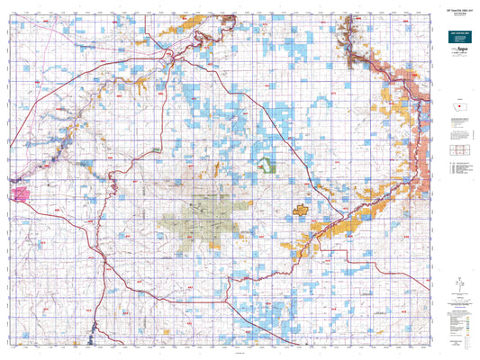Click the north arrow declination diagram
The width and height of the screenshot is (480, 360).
(x=457, y=286)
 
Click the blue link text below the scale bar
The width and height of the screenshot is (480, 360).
(x=457, y=95)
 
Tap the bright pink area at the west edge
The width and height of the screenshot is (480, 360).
(x=18, y=191)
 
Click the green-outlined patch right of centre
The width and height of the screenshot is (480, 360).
(x=267, y=165)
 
